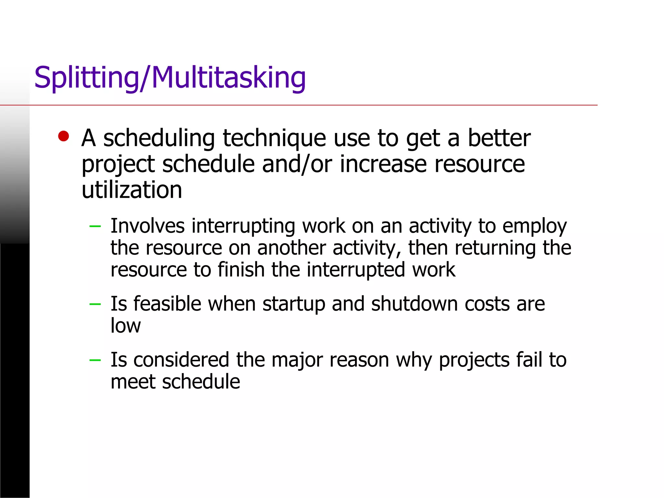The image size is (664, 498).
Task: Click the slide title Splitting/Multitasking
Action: pos(170,78)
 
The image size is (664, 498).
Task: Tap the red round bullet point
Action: pos(64,136)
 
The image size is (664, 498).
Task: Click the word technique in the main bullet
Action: pos(274,138)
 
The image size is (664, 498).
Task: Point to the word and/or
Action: pos(297,164)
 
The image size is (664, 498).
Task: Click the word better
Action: pos(499,138)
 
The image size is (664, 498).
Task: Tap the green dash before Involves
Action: pos(95,226)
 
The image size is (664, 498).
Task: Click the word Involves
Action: pos(148,226)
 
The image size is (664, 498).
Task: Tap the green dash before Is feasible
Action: pos(95,304)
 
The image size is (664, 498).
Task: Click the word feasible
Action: pos(167,304)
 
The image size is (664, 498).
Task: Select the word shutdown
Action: pos(414,304)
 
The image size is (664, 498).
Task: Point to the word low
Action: pos(125,326)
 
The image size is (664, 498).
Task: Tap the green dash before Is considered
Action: pos(95,360)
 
